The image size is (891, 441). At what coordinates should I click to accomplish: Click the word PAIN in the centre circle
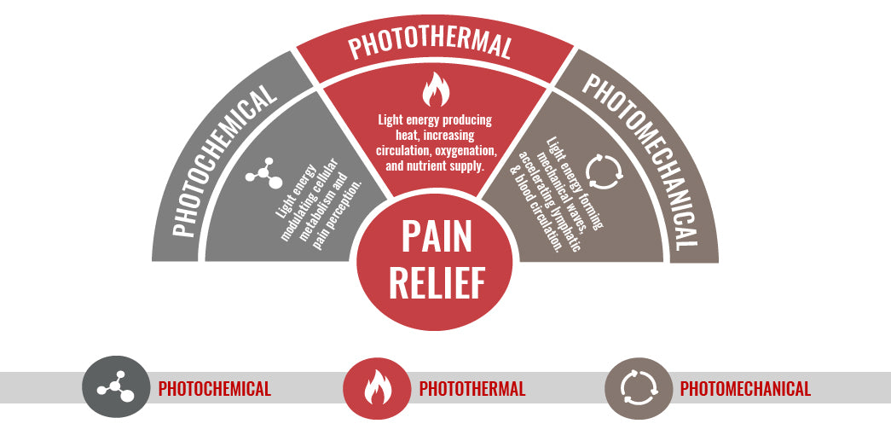tap(436, 238)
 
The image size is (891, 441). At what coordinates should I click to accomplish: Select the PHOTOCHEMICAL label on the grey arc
tap(223, 163)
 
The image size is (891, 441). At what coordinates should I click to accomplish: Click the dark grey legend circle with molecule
tap(116, 388)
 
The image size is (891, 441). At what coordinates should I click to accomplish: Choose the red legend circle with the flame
tap(376, 388)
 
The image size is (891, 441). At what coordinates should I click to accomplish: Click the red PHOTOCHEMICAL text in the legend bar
tap(215, 389)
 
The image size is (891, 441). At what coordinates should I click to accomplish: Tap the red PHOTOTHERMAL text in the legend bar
tap(472, 389)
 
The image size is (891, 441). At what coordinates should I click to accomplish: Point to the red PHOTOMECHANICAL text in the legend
tap(745, 389)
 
